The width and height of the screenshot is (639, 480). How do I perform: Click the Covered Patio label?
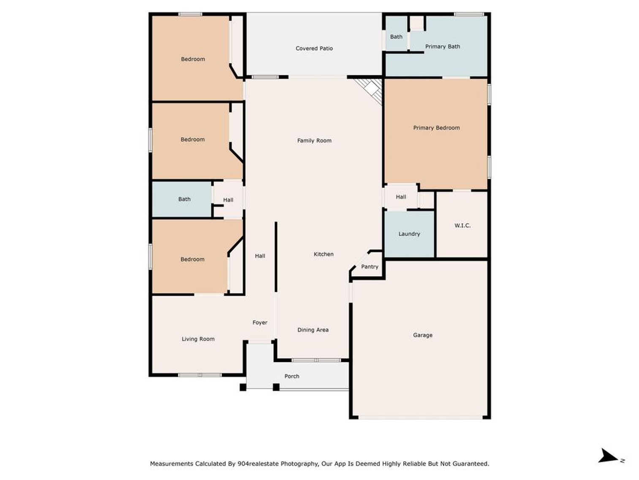coord(314,49)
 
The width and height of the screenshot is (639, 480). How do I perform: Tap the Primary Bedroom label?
coord(436,128)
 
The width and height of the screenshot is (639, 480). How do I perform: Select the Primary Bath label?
coord(442,47)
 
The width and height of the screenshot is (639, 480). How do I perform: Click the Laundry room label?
coord(409,234)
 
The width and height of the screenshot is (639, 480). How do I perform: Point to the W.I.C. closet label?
coord(462,226)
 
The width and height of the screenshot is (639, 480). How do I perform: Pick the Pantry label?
coord(370,267)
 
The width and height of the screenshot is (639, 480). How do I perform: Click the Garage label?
coord(422,335)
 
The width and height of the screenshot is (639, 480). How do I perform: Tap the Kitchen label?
coord(324,254)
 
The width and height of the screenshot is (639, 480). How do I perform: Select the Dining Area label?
coord(313,330)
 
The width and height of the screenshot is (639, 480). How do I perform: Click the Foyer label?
coord(260,323)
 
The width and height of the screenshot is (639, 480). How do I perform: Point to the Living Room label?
coord(198,339)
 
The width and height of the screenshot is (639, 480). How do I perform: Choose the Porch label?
coord(291,376)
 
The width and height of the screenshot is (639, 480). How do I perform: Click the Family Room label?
coord(314,141)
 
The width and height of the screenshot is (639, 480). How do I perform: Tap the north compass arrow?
coord(608,456)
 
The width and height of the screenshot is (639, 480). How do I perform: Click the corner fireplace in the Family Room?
coord(371,89)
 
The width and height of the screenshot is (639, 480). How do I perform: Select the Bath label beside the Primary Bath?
coord(396,37)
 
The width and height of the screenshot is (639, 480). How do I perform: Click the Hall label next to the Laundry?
coord(401,197)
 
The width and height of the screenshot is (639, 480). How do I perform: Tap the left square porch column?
coord(243,387)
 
